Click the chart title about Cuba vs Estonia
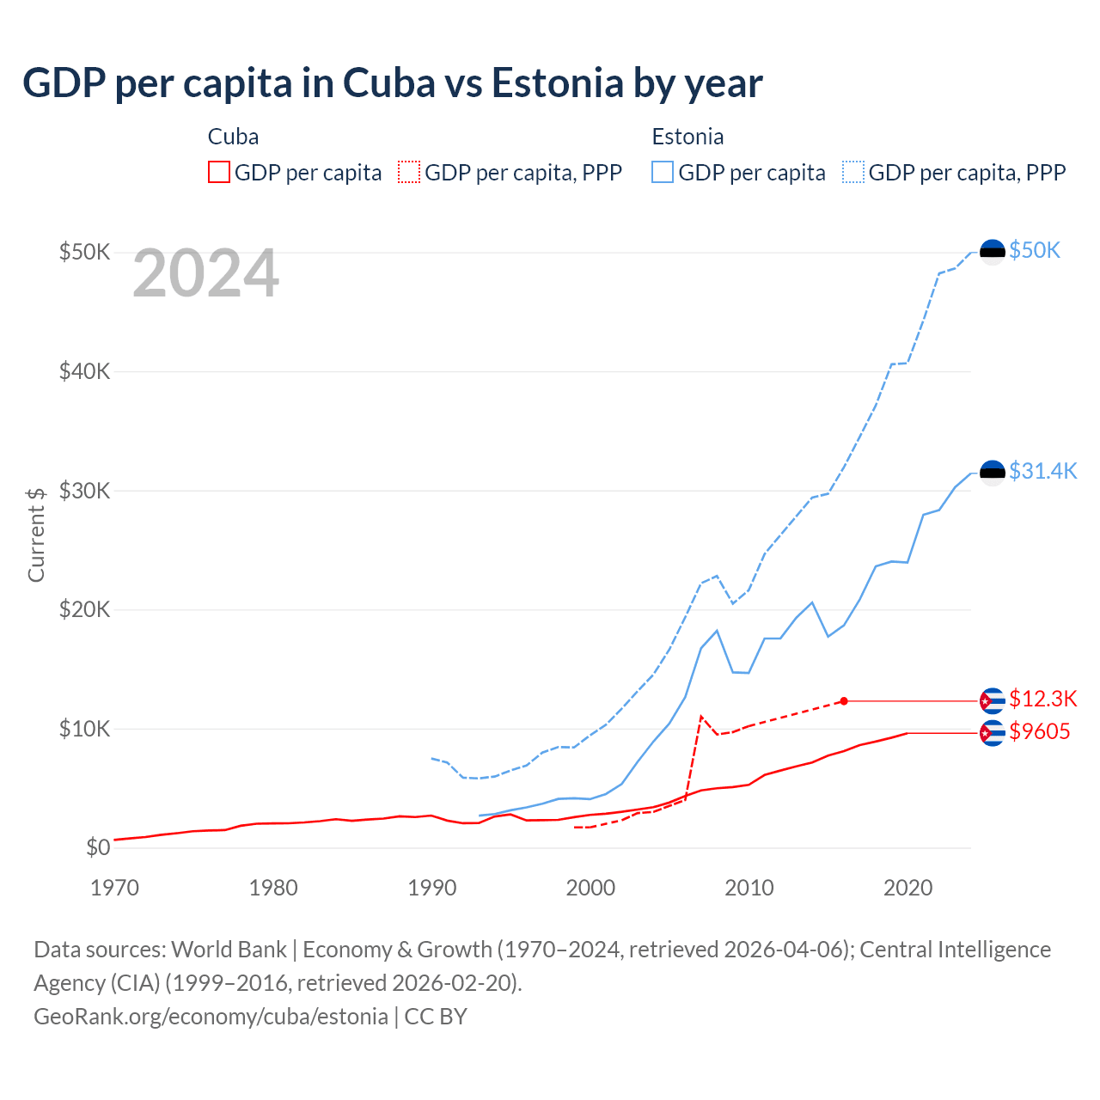coord(393,83)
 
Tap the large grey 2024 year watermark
coord(205,273)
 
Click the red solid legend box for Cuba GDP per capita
coord(219,172)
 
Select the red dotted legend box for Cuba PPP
coord(409,172)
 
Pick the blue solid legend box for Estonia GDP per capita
coord(663,172)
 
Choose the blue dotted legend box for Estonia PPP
coord(853,172)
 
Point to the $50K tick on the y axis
coord(84,252)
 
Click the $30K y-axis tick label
coord(84,491)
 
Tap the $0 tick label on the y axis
coord(97,848)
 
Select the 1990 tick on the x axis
coord(431,888)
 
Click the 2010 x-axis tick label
coord(749,888)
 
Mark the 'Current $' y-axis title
coord(36,535)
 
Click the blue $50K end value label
coord(1035,250)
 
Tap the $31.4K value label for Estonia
coord(1042,471)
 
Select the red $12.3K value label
coord(1042,699)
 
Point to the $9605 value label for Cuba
coord(1040,732)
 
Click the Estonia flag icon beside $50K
coord(993,252)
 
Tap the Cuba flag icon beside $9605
coord(993,733)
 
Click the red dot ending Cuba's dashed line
coord(844,701)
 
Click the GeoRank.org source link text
coord(211,1017)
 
